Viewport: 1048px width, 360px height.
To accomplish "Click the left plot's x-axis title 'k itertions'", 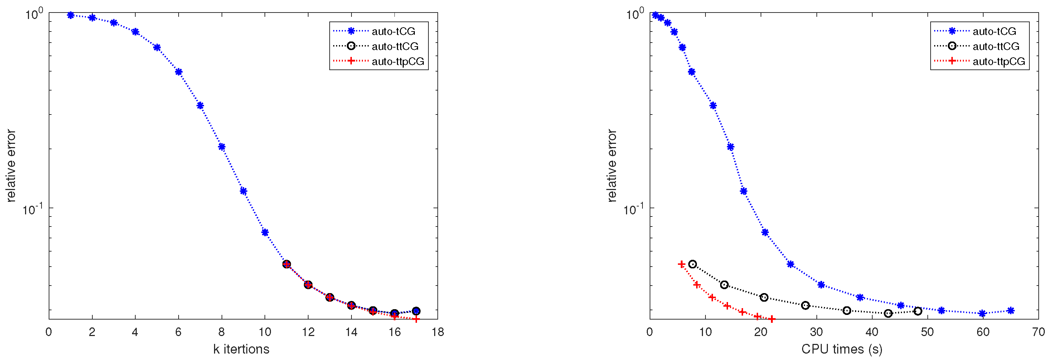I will click(241, 349).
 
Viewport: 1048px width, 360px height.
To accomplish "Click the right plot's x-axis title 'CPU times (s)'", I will click(842, 349).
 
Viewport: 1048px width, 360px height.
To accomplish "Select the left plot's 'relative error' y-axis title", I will click(11, 166).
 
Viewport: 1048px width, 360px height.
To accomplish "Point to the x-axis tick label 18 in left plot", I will click(438, 332).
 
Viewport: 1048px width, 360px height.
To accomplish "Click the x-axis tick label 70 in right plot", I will click(1038, 332).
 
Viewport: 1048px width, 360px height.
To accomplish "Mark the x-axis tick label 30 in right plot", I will click(816, 332).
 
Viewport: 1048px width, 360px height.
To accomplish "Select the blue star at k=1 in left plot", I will click(71, 15).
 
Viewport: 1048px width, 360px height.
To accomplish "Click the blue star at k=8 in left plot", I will click(222, 147).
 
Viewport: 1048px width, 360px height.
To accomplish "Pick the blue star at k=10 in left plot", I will click(265, 232).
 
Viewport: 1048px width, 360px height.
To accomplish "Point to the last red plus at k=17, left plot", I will click(416, 319).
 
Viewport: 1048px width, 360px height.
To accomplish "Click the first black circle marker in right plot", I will click(693, 264).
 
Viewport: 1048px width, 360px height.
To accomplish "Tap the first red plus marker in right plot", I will click(681, 264).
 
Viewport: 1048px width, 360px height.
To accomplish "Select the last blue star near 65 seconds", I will click(1010, 311).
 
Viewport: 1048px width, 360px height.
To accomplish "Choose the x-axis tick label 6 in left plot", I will click(178, 332).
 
